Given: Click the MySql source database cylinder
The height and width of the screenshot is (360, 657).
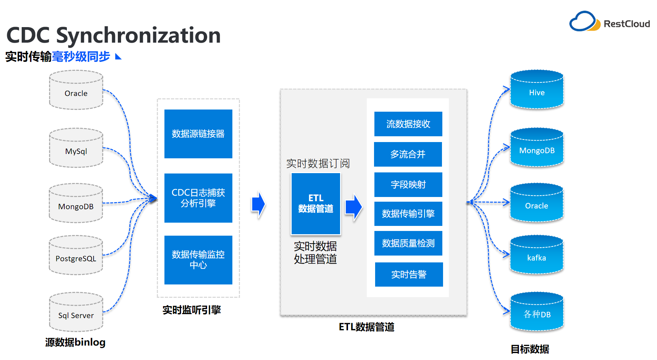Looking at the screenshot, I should (76, 148).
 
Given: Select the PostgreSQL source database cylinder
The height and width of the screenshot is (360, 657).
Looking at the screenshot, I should (76, 256).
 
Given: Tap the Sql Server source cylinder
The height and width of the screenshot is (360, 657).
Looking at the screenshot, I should (76, 312).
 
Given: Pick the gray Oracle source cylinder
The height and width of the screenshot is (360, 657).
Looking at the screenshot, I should (76, 90).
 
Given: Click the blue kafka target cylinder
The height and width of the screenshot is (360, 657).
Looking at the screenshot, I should (537, 255).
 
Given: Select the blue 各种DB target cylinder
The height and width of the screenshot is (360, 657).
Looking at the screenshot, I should (537, 312).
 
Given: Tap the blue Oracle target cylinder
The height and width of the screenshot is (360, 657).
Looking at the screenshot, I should (537, 203).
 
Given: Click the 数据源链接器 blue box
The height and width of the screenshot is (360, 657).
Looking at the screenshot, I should (198, 134).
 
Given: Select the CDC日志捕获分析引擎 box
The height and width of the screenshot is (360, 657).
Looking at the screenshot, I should (198, 198).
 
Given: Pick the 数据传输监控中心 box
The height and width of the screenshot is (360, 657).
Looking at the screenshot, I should (198, 260).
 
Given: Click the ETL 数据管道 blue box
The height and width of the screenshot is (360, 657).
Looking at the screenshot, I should (316, 203).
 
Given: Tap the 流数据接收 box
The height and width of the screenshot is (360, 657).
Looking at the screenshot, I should (408, 124).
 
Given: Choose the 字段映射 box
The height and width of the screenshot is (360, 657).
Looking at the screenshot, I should (408, 185).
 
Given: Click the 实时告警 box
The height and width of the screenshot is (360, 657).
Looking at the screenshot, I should (409, 274).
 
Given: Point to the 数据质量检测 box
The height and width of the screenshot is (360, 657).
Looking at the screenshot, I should (408, 243).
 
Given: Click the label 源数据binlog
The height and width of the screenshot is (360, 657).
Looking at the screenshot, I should (75, 342).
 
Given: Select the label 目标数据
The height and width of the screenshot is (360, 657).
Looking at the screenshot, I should (530, 349).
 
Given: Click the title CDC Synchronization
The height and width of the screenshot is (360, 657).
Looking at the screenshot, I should (113, 35).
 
